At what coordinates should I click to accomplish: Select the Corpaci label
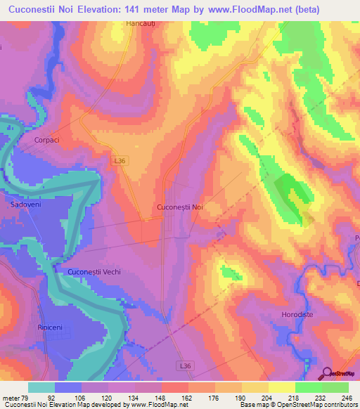point(47,140)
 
